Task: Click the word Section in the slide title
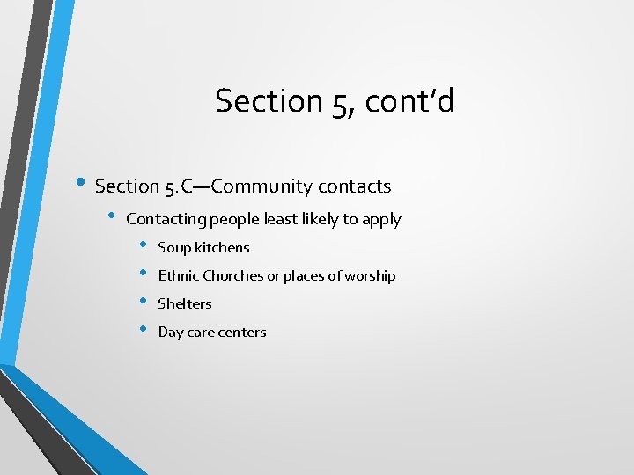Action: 257,101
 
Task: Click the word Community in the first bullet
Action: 262,186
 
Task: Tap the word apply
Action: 382,220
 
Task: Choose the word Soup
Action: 174,248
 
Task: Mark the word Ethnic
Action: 179,275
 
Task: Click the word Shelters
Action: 185,303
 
